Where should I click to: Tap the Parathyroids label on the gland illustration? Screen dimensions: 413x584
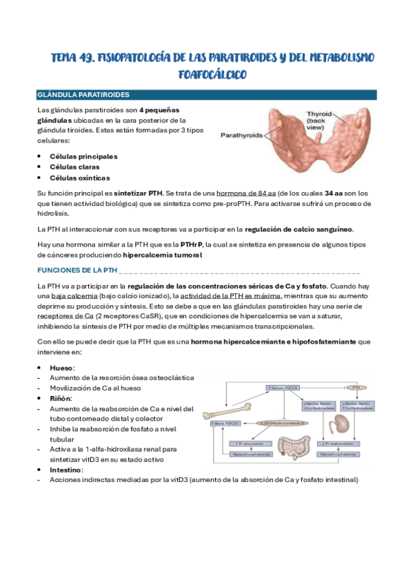tap(241, 136)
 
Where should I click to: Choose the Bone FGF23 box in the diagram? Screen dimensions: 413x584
tap(228, 423)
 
